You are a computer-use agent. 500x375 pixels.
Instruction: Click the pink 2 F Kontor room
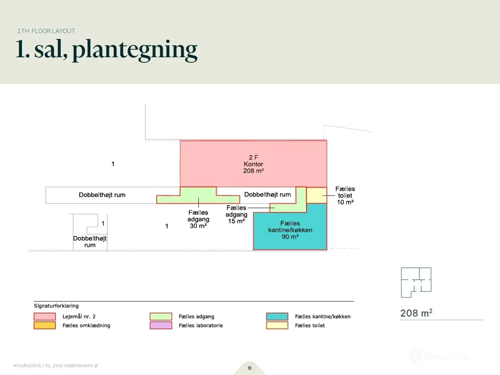click(x=253, y=164)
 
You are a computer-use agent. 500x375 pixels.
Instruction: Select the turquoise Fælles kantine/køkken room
click(x=290, y=230)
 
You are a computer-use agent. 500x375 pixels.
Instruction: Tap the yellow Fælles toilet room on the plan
click(x=317, y=195)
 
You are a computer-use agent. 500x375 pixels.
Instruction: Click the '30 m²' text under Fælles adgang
click(x=198, y=226)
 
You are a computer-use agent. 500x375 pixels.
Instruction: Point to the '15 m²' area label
click(x=236, y=221)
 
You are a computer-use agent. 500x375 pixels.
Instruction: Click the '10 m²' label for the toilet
click(x=345, y=202)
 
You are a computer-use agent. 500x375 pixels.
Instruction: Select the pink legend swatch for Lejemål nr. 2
click(x=45, y=316)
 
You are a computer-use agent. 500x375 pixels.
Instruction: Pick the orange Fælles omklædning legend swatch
click(x=45, y=325)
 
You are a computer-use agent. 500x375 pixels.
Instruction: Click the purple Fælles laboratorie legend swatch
click(x=161, y=325)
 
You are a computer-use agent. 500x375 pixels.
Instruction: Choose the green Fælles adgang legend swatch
click(x=161, y=316)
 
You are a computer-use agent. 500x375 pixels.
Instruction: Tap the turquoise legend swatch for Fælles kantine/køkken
click(x=277, y=316)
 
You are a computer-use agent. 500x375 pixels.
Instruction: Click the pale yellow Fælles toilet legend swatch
click(x=277, y=325)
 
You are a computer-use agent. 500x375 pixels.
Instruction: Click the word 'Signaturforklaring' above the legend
click(x=56, y=306)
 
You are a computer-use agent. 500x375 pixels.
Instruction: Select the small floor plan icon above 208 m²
click(x=416, y=282)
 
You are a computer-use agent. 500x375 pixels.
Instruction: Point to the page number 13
click(x=250, y=368)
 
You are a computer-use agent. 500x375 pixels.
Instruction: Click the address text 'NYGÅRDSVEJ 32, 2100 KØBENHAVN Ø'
click(x=55, y=366)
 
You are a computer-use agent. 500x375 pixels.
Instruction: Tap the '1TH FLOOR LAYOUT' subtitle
click(x=46, y=31)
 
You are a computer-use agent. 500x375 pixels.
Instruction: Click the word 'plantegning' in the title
click(x=135, y=50)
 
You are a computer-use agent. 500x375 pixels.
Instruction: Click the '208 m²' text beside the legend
click(x=416, y=313)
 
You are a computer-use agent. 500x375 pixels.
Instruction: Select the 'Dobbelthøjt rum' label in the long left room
click(x=102, y=195)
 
